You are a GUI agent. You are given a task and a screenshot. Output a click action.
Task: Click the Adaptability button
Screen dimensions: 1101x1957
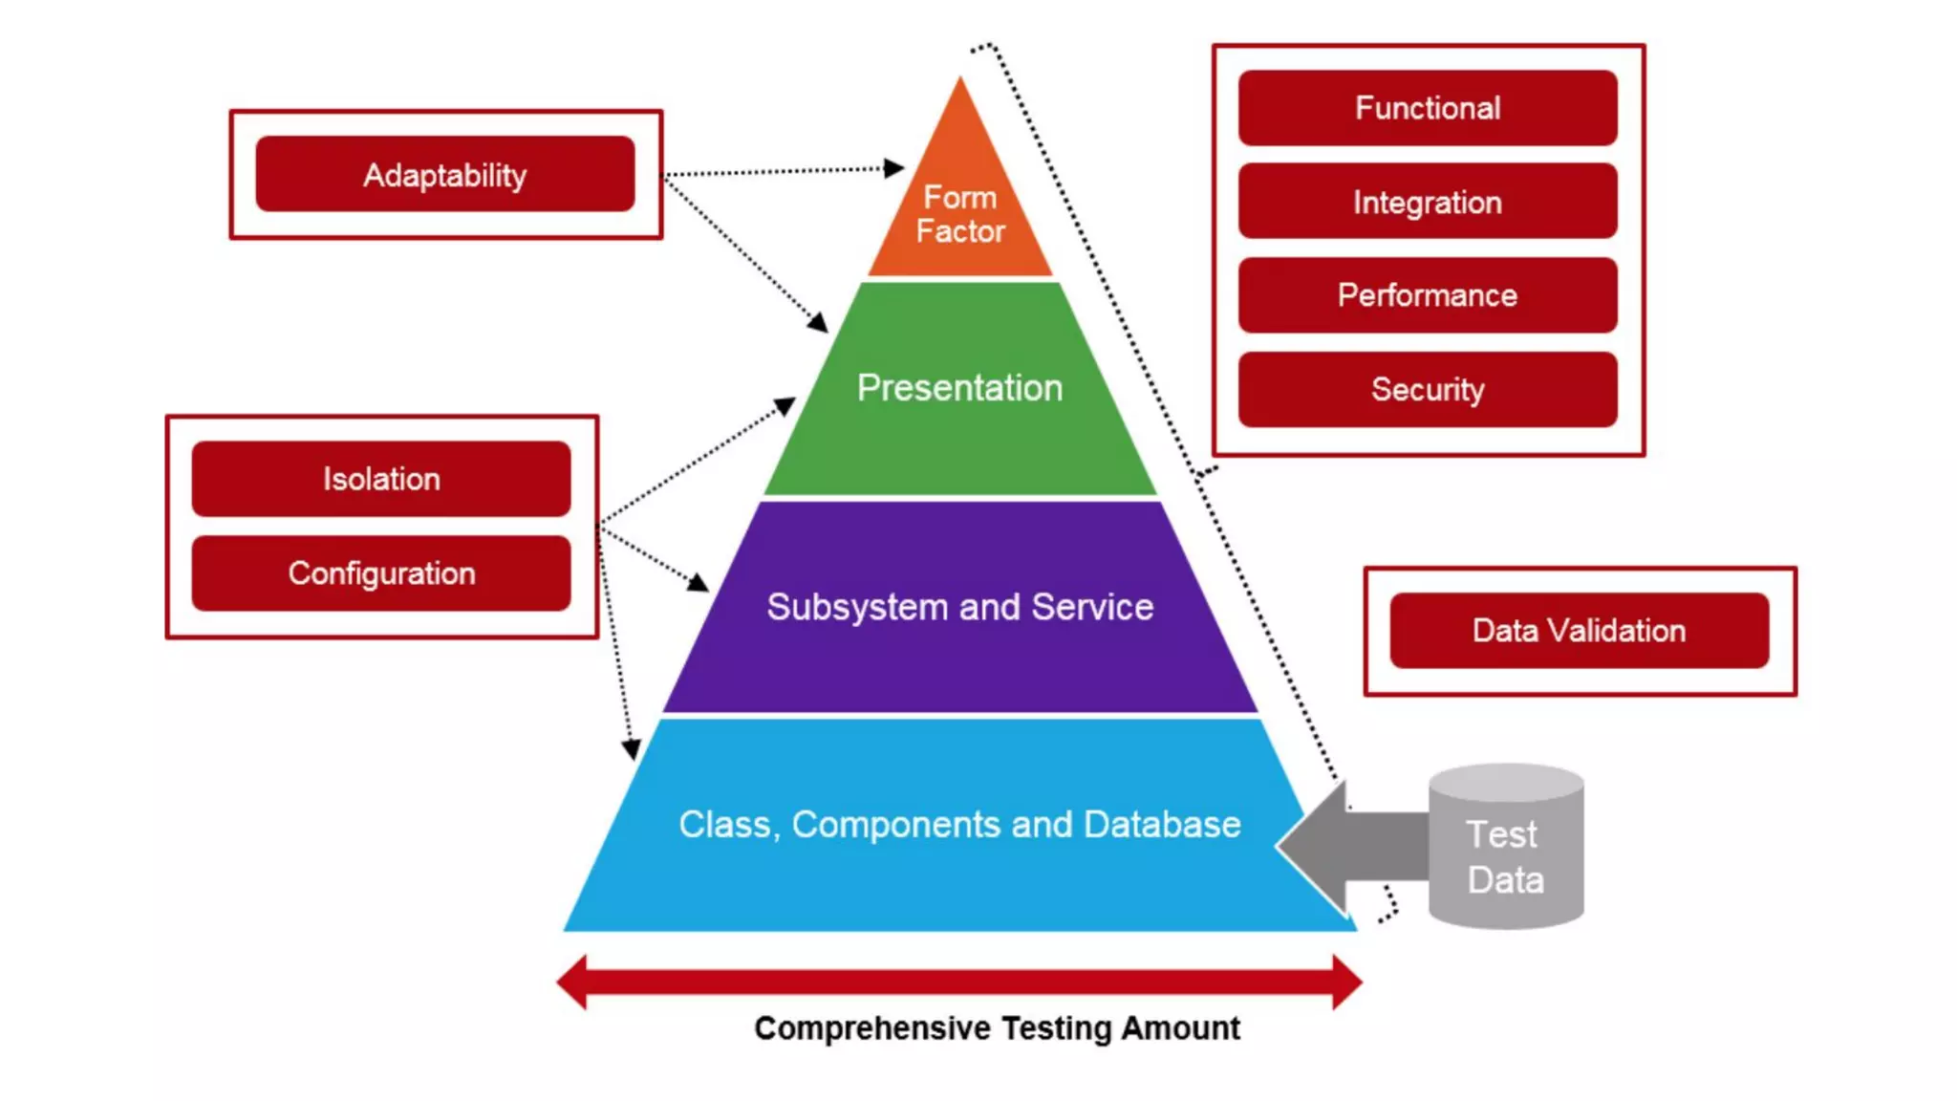[x=445, y=174]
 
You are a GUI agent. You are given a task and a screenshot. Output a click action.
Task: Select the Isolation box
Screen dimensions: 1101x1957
[x=381, y=478]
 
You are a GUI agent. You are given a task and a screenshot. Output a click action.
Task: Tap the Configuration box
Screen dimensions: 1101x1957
[x=381, y=572]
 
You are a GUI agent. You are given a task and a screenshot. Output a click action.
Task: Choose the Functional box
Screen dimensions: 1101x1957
[x=1428, y=108]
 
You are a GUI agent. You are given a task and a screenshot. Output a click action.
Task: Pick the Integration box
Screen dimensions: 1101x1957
[x=1428, y=202]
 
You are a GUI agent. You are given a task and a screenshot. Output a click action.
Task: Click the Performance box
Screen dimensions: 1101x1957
[x=1428, y=295]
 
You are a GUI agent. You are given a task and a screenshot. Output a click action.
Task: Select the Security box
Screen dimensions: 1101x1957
[x=1428, y=389]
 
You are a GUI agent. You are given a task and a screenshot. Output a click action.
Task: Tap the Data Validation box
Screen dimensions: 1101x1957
[x=1579, y=631]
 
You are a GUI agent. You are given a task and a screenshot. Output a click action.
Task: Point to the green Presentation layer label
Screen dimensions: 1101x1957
[x=959, y=388]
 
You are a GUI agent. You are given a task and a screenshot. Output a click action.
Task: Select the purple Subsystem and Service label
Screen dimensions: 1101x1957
[x=959, y=607]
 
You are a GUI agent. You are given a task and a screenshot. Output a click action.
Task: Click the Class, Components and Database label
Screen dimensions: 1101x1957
[x=959, y=824]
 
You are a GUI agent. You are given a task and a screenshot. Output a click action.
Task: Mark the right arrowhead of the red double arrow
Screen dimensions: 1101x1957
[x=1346, y=982]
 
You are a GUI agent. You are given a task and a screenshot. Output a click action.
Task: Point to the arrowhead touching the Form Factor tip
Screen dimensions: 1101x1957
[x=893, y=168]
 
